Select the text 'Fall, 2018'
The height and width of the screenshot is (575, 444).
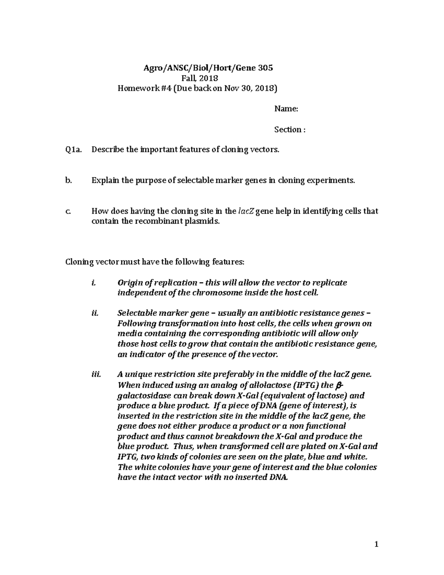pos(199,78)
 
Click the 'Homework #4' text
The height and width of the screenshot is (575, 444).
pos(139,88)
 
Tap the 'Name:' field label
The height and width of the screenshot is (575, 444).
pos(286,109)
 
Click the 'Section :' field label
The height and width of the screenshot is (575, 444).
pos(290,130)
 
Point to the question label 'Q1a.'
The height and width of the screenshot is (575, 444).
pos(73,150)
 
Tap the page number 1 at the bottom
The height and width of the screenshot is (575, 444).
pos(376,544)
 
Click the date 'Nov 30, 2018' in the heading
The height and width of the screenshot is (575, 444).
pos(252,88)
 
